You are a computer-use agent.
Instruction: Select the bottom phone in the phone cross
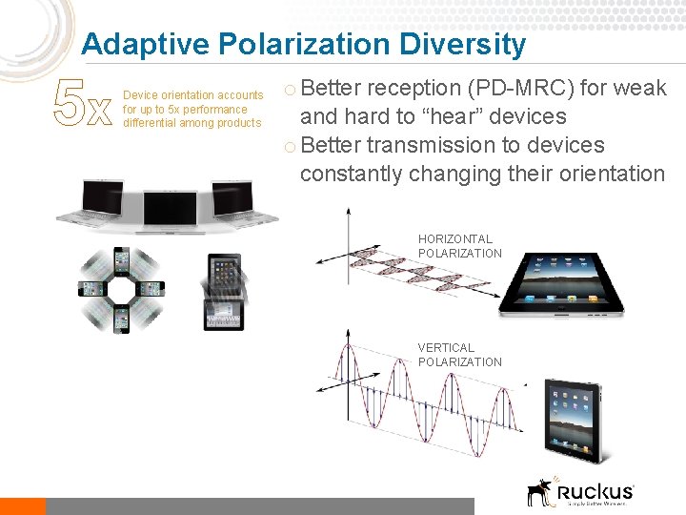(x=121, y=318)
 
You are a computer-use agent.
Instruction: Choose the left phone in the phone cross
(x=92, y=289)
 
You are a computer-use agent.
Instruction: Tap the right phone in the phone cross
(x=150, y=289)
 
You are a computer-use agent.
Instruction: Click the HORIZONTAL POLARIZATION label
(x=459, y=246)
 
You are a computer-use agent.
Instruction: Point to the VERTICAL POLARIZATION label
(x=459, y=355)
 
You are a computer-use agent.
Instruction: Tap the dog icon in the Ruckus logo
(x=540, y=491)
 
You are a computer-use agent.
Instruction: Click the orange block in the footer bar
(x=22, y=506)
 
